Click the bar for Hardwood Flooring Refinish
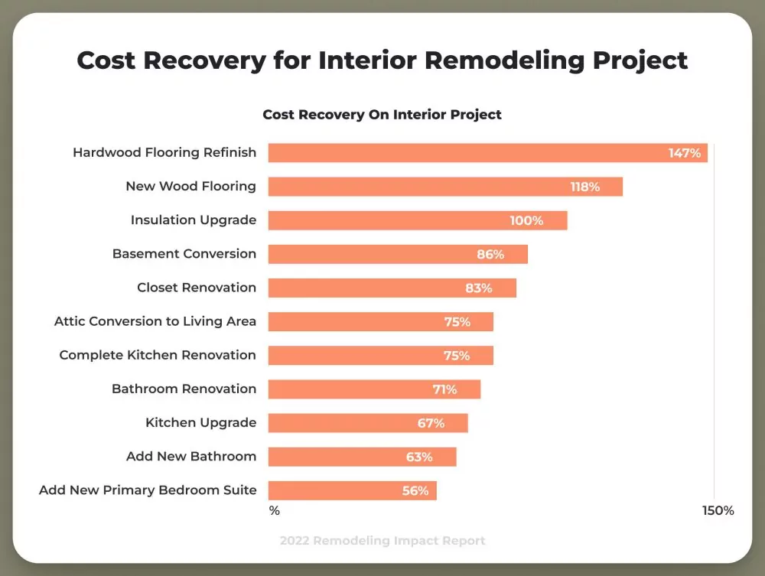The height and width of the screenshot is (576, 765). click(x=487, y=153)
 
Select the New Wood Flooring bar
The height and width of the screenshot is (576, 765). click(x=445, y=187)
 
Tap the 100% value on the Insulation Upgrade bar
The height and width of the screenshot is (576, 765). click(x=526, y=220)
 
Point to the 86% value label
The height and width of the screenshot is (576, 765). click(x=490, y=254)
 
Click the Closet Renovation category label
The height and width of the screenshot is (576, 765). click(x=197, y=288)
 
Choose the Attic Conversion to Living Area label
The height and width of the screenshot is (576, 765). click(x=155, y=321)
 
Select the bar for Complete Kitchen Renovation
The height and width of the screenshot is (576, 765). click(x=380, y=355)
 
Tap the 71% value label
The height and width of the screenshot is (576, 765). click(x=444, y=389)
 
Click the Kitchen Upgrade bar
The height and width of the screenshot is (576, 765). click(x=368, y=423)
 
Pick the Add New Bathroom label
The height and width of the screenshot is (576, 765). click(x=191, y=457)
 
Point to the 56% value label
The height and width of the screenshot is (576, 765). click(x=415, y=491)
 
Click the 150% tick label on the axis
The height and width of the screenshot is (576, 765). click(x=718, y=510)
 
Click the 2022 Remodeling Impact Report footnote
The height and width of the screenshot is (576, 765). click(x=382, y=541)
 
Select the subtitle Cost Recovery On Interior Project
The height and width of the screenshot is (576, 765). click(x=382, y=115)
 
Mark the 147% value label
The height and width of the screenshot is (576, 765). click(x=684, y=153)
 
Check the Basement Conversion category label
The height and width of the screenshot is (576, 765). click(x=184, y=254)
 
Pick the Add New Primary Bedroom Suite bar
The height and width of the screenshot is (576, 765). click(x=352, y=490)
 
